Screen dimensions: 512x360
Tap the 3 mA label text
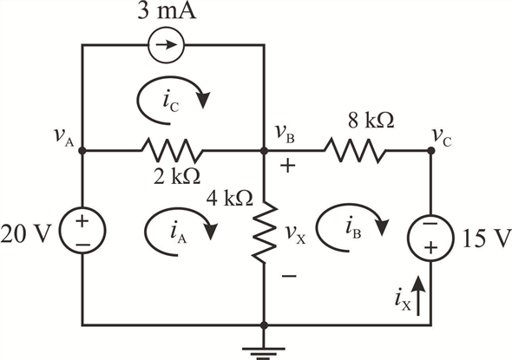(x=167, y=11)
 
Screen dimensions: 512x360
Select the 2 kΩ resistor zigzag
(x=172, y=151)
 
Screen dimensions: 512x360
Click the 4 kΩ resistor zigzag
(x=265, y=232)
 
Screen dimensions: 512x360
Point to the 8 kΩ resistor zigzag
(x=355, y=150)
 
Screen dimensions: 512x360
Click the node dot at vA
(x=82, y=151)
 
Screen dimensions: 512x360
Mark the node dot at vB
(x=265, y=151)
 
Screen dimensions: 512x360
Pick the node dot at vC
(x=431, y=150)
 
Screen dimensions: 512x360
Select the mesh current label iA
(x=178, y=233)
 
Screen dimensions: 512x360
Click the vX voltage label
(x=295, y=233)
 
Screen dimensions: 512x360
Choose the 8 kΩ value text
(x=371, y=120)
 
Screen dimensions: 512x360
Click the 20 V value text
(x=26, y=233)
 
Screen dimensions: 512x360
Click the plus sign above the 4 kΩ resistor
(x=287, y=166)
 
